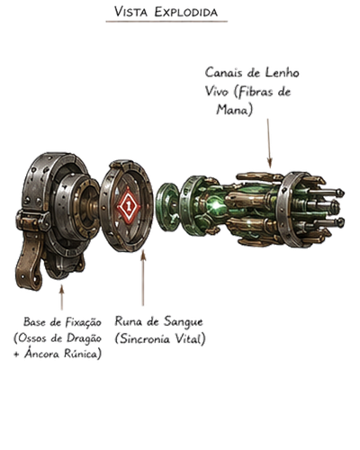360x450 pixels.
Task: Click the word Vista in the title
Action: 130,12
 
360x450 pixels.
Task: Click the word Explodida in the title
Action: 186,12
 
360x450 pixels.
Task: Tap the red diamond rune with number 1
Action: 129,205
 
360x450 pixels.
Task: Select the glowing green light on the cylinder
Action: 216,205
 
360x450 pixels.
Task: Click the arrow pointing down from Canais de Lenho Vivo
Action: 269,143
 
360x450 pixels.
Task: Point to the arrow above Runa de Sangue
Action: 143,278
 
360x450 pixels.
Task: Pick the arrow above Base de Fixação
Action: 62,297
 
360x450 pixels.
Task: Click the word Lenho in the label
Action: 282,73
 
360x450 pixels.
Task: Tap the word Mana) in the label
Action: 234,110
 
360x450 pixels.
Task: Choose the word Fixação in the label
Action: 83,322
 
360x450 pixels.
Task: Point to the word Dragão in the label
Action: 84,338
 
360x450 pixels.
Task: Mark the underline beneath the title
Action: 166,22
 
